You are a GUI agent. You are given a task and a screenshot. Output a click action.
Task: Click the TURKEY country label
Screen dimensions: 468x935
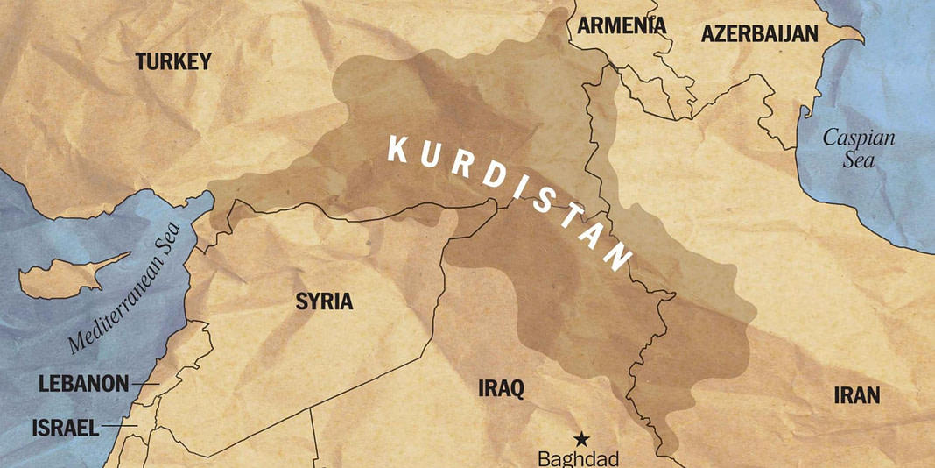click(173, 61)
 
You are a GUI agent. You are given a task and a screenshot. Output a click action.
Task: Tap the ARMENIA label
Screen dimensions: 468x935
click(622, 25)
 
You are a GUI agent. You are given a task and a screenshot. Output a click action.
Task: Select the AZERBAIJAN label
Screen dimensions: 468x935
click(760, 34)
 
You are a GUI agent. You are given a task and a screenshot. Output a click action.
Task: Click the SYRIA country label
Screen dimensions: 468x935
click(324, 302)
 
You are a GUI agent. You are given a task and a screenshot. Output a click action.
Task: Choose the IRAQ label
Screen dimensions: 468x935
click(501, 389)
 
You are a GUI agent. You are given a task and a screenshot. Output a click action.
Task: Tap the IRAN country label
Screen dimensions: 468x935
click(856, 395)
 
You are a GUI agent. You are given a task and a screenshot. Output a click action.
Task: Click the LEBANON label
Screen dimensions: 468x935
click(83, 384)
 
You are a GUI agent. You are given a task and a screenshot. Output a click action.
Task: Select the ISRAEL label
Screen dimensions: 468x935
click(65, 428)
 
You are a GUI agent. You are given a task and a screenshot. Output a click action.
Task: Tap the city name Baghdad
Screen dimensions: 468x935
click(578, 458)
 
